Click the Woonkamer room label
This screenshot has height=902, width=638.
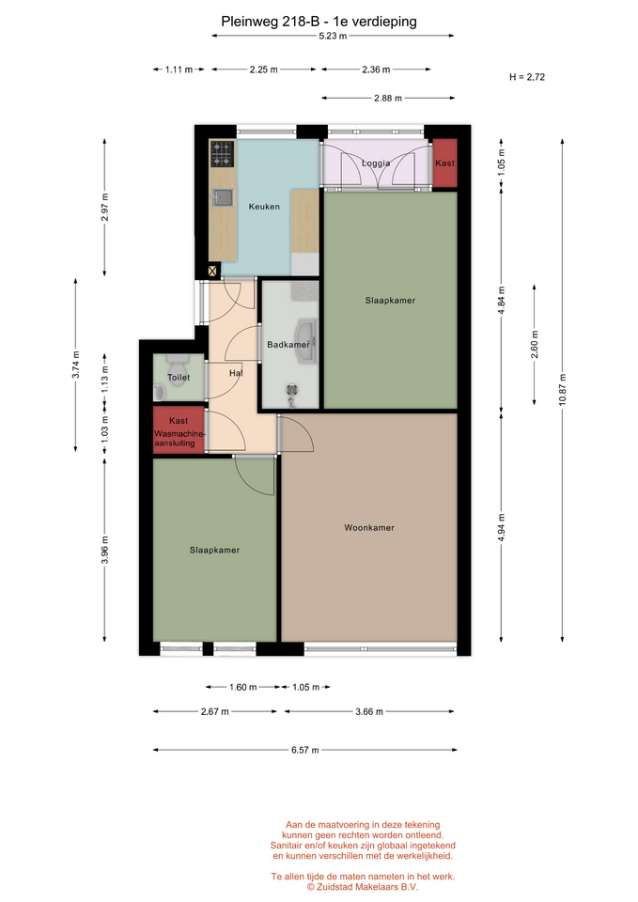[368, 527]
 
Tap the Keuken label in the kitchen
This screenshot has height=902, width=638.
[264, 207]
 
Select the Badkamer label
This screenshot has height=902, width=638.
[288, 345]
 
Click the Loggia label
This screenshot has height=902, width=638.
[376, 163]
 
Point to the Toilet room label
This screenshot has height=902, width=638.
[179, 378]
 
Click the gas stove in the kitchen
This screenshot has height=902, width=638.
[222, 153]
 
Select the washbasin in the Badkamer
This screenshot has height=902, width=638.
[304, 342]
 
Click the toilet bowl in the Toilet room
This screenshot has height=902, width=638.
[178, 365]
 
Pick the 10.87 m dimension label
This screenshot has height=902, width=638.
[562, 389]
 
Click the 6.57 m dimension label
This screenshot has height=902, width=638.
[304, 750]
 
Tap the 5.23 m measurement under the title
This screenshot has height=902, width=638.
[334, 36]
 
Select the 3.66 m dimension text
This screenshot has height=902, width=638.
[368, 711]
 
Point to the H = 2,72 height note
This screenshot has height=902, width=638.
[527, 77]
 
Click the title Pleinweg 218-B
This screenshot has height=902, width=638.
[270, 22]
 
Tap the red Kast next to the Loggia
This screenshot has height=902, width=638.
[444, 163]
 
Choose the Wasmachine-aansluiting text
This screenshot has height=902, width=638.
[179, 439]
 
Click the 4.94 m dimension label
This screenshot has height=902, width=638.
[501, 527]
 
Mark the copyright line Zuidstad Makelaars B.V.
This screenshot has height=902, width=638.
[362, 887]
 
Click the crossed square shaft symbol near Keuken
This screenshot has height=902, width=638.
[212, 271]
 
